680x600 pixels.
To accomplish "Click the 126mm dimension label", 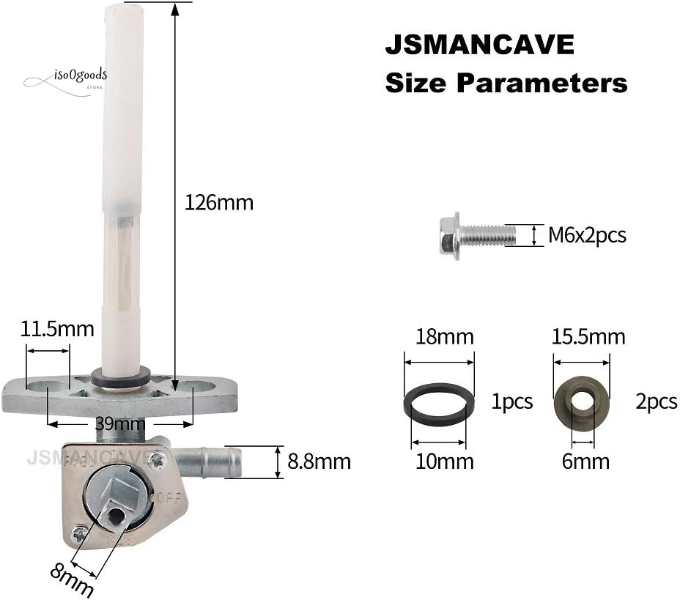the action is point(219,202).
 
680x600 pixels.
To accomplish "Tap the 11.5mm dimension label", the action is point(57,329).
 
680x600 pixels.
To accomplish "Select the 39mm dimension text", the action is point(119,423).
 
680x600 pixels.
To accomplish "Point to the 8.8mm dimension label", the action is point(319,462).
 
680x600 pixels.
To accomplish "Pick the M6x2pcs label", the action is point(587,235).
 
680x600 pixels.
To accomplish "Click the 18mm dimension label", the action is point(445,337).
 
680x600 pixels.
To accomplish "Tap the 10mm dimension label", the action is point(445,462).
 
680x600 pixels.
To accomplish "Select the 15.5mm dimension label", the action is point(588,337).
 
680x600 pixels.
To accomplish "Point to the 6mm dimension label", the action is point(585,462).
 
